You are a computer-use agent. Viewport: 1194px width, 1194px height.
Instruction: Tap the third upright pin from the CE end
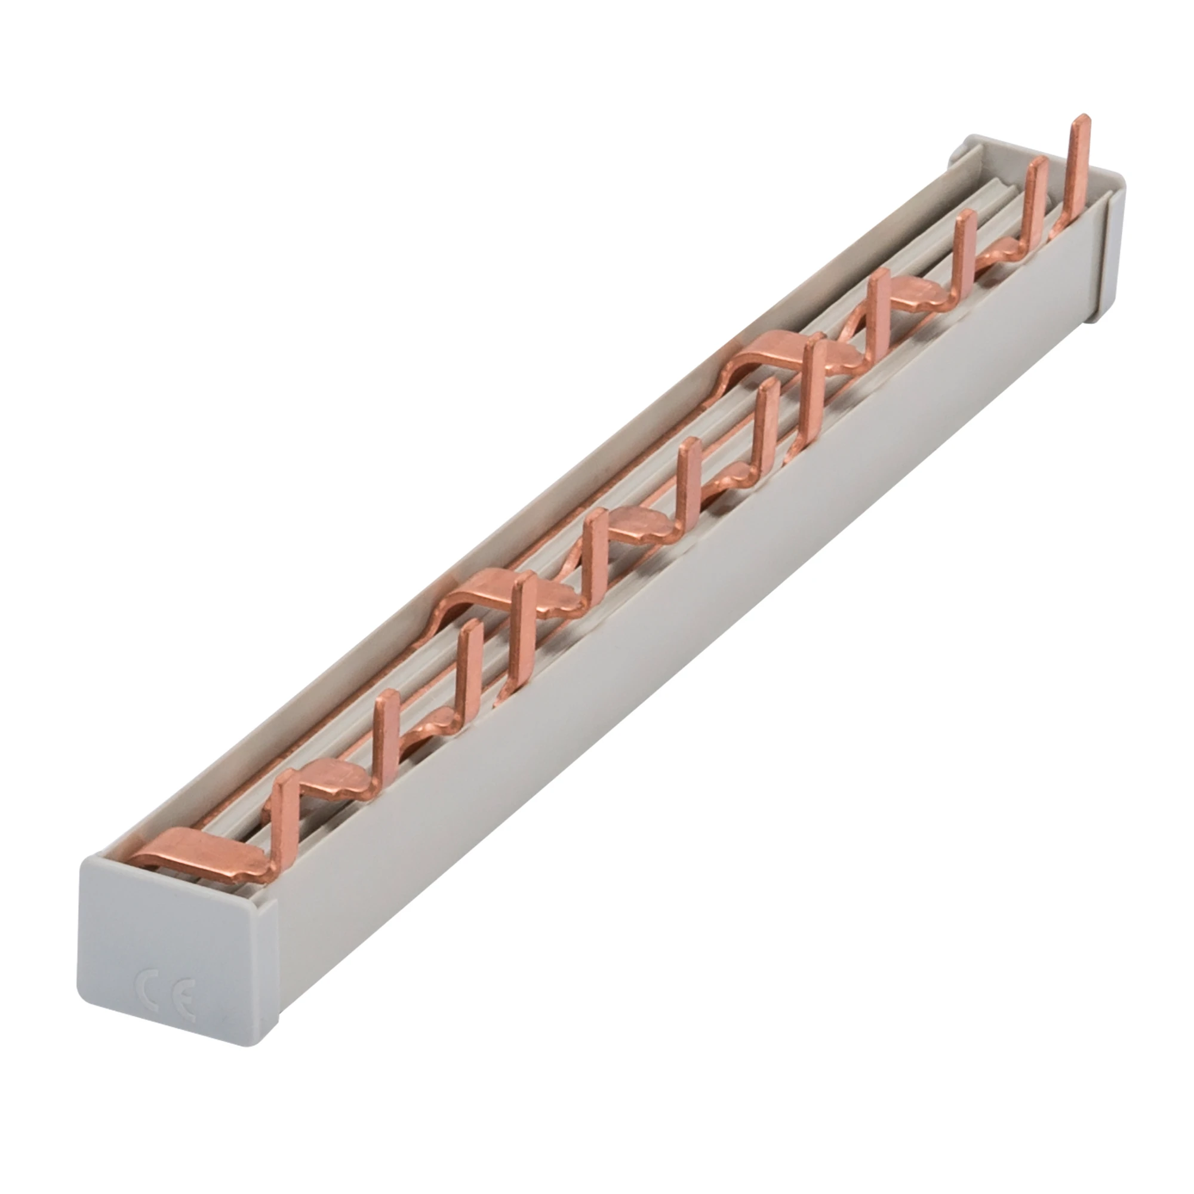tap(472, 670)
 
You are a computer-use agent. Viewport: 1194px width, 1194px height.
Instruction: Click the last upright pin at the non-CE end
tap(1078, 167)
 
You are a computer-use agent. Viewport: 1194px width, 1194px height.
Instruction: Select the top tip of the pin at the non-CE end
tap(1079, 121)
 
